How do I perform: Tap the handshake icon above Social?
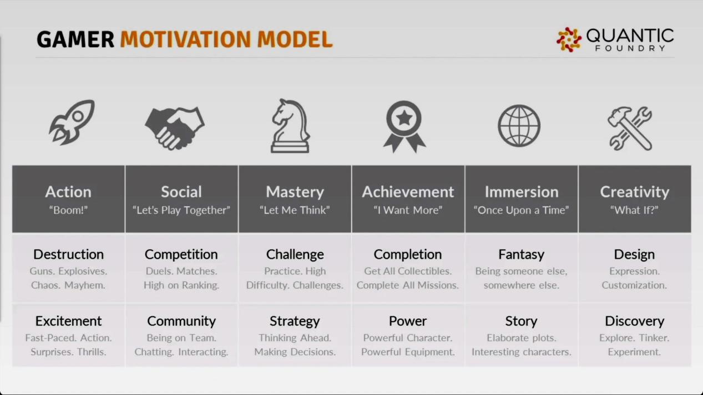(x=174, y=129)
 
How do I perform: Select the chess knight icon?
(x=290, y=126)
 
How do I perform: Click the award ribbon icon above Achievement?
(x=404, y=126)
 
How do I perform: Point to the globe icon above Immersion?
(x=519, y=126)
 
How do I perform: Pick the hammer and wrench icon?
(x=630, y=129)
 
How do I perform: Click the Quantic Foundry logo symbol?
(x=569, y=40)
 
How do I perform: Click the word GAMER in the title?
(x=75, y=40)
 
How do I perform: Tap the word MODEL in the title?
(x=295, y=40)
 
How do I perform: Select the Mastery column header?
(x=295, y=192)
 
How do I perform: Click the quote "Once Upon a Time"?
(x=522, y=210)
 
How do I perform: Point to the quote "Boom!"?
(x=68, y=210)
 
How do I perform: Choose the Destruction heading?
(x=68, y=254)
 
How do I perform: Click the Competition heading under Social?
(x=181, y=254)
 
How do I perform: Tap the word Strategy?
(x=295, y=321)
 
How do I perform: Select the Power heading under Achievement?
(x=408, y=321)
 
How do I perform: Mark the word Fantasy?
(x=522, y=255)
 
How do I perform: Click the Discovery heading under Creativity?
(x=635, y=321)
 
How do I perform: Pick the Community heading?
(x=181, y=321)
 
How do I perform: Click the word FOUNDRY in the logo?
(x=630, y=48)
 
